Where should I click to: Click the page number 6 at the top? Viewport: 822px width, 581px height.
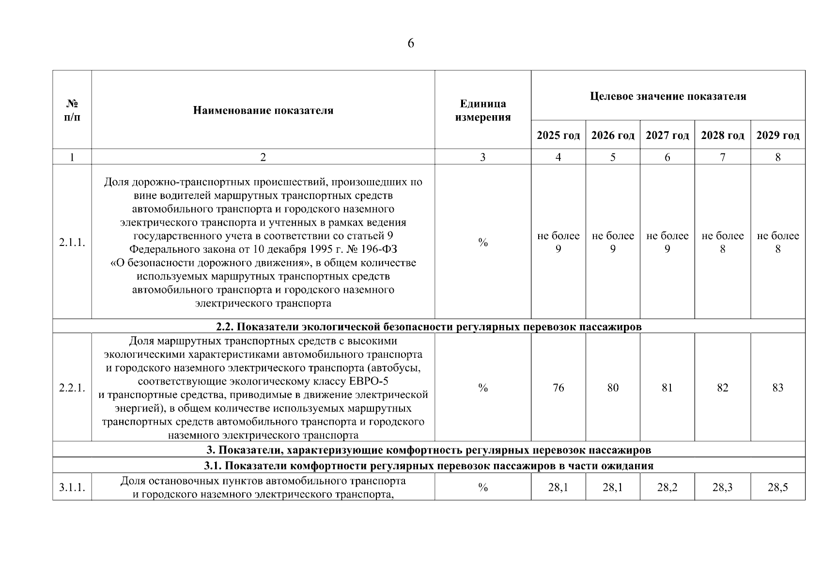pyautogui.click(x=411, y=44)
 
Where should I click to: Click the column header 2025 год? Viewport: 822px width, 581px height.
pyautogui.click(x=558, y=136)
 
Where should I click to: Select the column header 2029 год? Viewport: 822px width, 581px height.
pyautogui.click(x=777, y=136)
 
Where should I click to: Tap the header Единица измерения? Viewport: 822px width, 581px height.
pyautogui.click(x=482, y=110)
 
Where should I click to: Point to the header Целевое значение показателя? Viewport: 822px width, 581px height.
pyautogui.click(x=667, y=96)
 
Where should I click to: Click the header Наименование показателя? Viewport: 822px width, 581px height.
pyautogui.click(x=263, y=110)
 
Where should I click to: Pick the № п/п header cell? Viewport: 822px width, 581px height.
pyautogui.click(x=72, y=110)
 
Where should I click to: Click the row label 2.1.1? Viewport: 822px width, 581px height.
pyautogui.click(x=72, y=243)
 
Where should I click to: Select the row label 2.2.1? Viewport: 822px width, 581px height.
pyautogui.click(x=72, y=388)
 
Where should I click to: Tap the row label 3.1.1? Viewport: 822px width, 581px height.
pyautogui.click(x=72, y=488)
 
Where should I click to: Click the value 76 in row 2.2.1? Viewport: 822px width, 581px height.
pyautogui.click(x=558, y=388)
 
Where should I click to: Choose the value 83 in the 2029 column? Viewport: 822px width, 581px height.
pyautogui.click(x=777, y=388)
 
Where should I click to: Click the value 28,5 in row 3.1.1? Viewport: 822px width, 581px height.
pyautogui.click(x=777, y=488)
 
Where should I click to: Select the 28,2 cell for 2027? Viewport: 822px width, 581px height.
pyautogui.click(x=667, y=488)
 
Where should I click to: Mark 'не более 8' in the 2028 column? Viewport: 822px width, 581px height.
pyautogui.click(x=722, y=243)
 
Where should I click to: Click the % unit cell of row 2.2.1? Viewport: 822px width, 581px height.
pyautogui.click(x=482, y=388)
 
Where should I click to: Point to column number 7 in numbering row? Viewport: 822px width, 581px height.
pyautogui.click(x=722, y=157)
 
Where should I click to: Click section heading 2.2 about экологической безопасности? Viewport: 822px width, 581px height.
pyautogui.click(x=429, y=327)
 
